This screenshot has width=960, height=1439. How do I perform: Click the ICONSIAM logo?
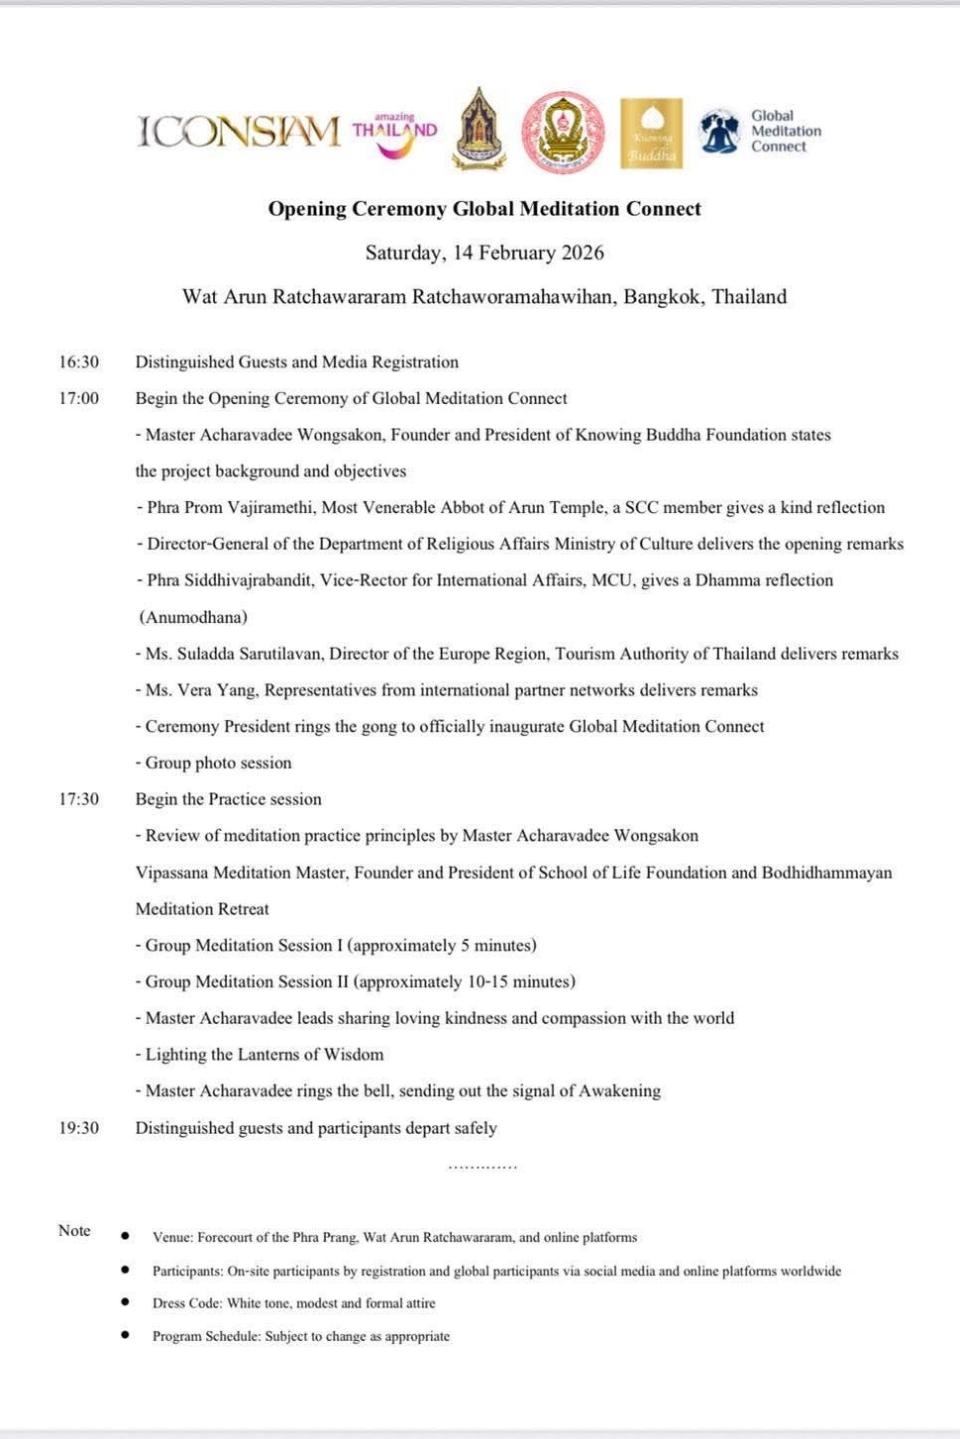pos(239,131)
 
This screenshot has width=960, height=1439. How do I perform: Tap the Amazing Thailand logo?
pos(394,134)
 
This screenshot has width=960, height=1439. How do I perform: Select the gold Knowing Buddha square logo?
pos(651,133)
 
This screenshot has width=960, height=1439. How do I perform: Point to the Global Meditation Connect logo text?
pos(785,131)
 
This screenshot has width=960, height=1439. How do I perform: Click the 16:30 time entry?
pos(78,362)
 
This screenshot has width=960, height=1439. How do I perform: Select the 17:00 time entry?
pos(78,398)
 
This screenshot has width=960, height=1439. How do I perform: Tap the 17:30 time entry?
pos(78,799)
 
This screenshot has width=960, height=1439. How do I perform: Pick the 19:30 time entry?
pos(78,1128)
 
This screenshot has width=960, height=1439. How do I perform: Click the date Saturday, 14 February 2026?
pos(484,253)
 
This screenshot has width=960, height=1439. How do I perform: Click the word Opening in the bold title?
pos(307,209)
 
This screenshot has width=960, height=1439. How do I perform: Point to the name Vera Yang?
pos(215,690)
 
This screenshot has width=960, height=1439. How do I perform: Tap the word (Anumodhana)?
pos(193,617)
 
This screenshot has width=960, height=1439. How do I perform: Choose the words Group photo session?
pos(218,763)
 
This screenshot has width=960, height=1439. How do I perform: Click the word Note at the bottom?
pos(74,1230)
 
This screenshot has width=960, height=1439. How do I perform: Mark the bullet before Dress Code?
pos(125,1302)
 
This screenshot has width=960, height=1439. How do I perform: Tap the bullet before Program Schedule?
pos(125,1335)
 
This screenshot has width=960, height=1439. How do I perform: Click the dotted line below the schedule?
pos(482,1168)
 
